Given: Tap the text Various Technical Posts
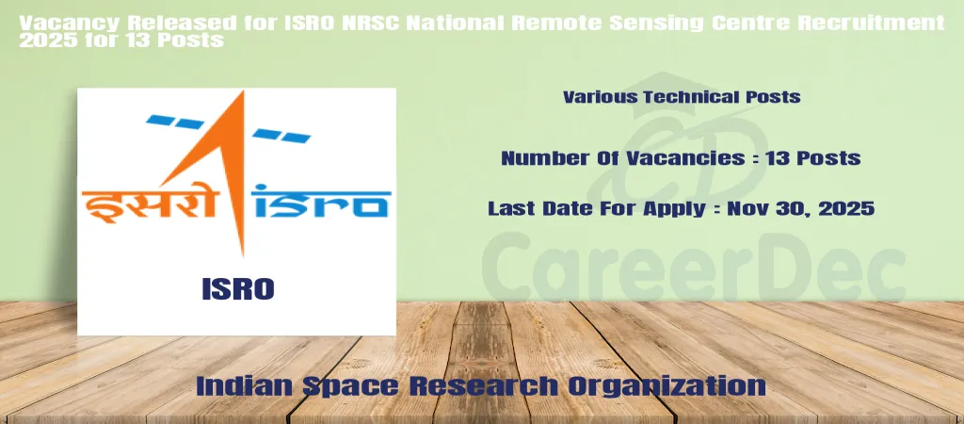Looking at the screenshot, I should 682,97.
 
